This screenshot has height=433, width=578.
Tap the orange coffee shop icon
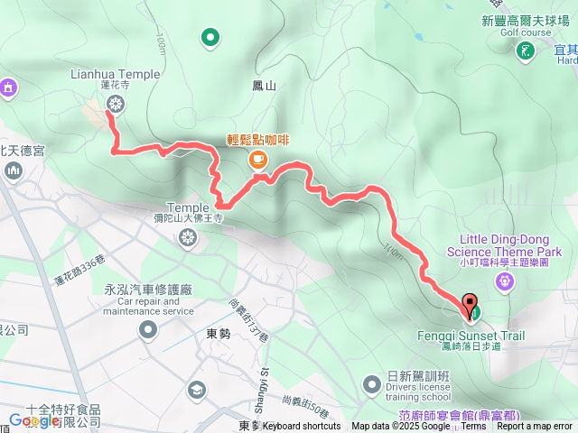(x=257, y=160)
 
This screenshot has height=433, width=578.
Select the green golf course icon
(x=524, y=52)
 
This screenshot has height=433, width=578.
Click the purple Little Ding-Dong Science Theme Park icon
(x=505, y=281)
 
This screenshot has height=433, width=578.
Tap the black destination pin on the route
(x=470, y=305)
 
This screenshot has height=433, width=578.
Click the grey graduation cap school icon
(x=195, y=390)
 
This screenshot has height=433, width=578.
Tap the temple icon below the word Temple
(x=187, y=238)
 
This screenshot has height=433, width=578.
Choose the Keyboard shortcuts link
(x=302, y=427)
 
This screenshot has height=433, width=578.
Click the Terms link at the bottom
(x=473, y=427)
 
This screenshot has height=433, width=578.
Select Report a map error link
(x=534, y=427)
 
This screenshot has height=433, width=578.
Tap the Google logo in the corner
(x=34, y=420)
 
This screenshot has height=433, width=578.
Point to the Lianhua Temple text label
(x=114, y=75)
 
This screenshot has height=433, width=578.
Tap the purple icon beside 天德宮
(x=9, y=88)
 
